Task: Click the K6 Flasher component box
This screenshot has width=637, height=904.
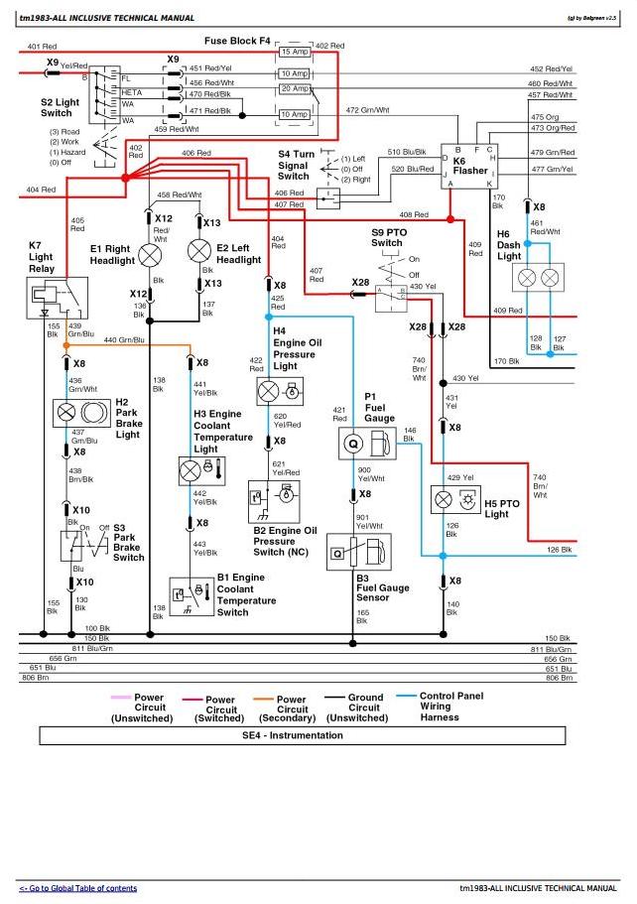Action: click(x=472, y=166)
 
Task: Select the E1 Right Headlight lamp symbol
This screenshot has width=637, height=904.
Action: click(x=150, y=255)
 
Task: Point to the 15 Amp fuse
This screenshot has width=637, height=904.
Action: click(x=294, y=52)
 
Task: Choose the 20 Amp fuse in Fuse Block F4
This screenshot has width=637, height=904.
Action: click(x=294, y=88)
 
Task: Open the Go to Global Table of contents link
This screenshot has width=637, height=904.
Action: click(x=78, y=888)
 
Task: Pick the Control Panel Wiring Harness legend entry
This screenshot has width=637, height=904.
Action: click(x=450, y=707)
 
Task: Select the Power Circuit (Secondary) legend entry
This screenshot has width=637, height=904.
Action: click(x=292, y=709)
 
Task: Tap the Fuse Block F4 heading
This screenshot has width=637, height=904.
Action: click(x=238, y=41)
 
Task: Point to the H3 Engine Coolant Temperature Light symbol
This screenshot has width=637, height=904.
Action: click(x=191, y=469)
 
